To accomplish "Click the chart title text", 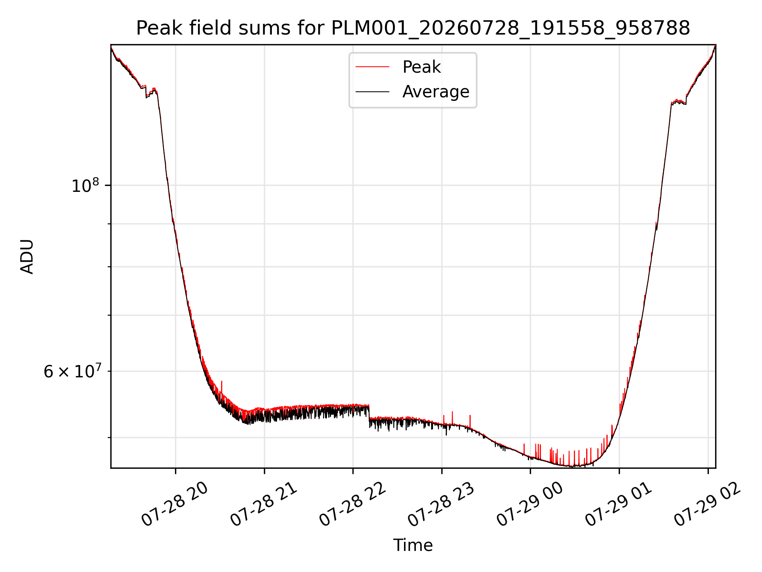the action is [413, 28].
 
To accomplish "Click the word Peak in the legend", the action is [421, 67].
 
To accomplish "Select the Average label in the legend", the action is [436, 92].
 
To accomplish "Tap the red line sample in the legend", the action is [372, 67].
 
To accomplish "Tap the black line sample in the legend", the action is [372, 92].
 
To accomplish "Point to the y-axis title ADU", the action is [27, 256].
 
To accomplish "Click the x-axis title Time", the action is [413, 545].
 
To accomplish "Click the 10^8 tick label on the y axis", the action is [85, 186].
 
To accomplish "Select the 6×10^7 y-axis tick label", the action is [73, 372].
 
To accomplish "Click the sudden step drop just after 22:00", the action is [369, 412].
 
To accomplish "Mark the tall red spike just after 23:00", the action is [452, 418].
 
